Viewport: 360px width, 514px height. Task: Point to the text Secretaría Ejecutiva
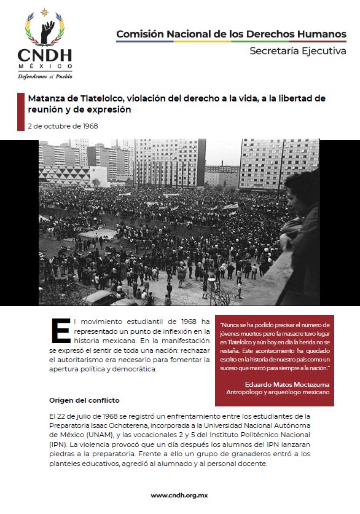coord(297,51)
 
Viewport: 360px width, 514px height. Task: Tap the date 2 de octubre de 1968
coord(63,126)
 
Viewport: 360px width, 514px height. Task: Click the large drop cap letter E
coord(61,331)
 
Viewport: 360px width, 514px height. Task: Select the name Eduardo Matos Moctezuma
coord(285,383)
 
